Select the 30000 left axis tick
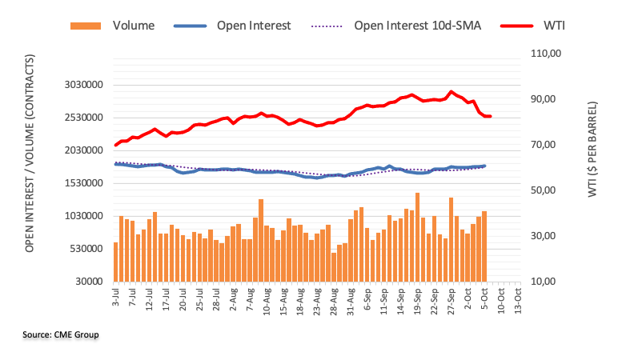(88, 282)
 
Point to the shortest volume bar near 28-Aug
(334, 267)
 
